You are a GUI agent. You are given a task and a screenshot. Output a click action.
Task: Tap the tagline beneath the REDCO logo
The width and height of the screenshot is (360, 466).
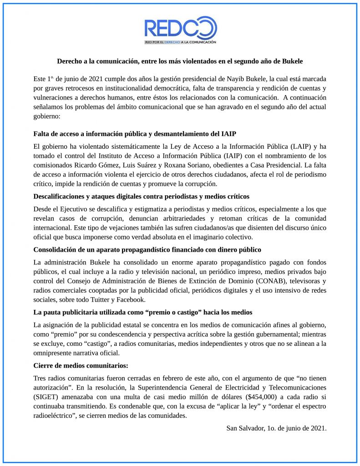pyautogui.click(x=180, y=42)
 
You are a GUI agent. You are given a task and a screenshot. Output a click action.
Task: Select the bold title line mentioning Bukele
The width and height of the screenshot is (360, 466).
pyautogui.click(x=180, y=61)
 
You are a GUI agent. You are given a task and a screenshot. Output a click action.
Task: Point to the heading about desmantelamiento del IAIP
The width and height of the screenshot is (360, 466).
pyautogui.click(x=135, y=133)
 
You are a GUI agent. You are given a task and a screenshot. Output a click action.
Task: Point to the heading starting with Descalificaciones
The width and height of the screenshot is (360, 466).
pyautogui.click(x=141, y=197)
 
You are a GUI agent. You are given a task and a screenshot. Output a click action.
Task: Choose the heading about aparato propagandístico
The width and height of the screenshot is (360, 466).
pyautogui.click(x=147, y=250)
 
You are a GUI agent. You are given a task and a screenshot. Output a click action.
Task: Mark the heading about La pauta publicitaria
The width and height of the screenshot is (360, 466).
pyautogui.click(x=143, y=313)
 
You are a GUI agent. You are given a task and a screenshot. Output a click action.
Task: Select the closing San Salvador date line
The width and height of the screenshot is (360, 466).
pyautogui.click(x=276, y=428)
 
